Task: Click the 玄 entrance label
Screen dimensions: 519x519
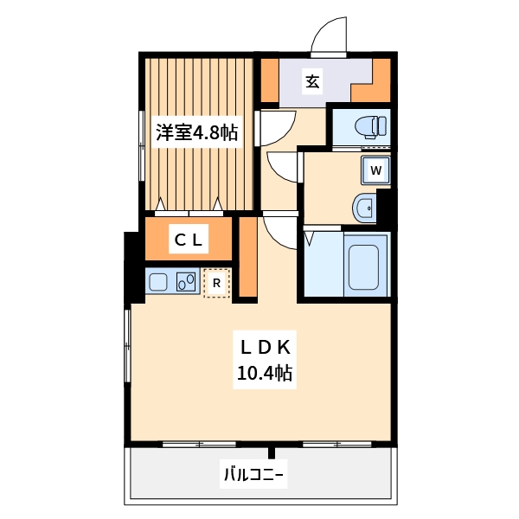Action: click(312, 82)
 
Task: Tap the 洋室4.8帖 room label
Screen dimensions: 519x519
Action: click(197, 133)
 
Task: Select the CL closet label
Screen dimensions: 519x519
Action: click(188, 240)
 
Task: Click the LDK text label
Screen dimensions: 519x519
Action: click(268, 347)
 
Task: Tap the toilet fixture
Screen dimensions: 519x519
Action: click(371, 126)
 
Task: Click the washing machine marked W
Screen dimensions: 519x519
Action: click(375, 170)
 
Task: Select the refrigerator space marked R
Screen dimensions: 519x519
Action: click(217, 282)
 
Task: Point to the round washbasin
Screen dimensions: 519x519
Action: click(363, 208)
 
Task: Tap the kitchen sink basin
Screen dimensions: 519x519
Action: click(159, 282)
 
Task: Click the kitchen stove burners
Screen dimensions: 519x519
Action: click(186, 281)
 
